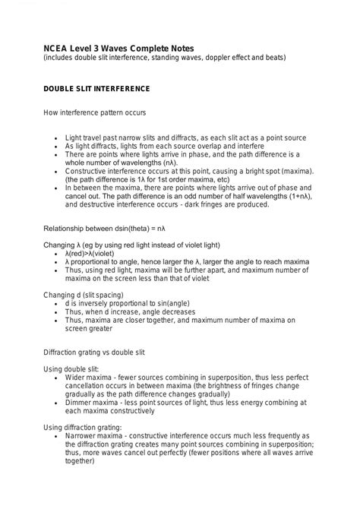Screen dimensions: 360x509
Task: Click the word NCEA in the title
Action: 56,46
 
